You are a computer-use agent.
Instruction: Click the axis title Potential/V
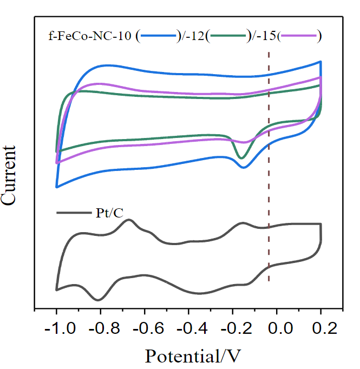pyautogui.click(x=192, y=355)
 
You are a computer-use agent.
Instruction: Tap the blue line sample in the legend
pyautogui.click(x=159, y=36)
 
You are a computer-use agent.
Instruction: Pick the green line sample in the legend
pyautogui.click(x=227, y=36)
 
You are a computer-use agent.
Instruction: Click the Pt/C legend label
pyautogui.click(x=106, y=212)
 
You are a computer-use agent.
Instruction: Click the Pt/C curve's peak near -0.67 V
pyautogui.click(x=129, y=220)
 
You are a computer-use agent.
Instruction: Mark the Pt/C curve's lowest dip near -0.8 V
pyautogui.click(x=98, y=299)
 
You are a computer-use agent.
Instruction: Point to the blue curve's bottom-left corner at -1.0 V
pyautogui.click(x=57, y=187)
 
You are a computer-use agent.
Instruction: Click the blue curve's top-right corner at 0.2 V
pyautogui.click(x=320, y=62)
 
